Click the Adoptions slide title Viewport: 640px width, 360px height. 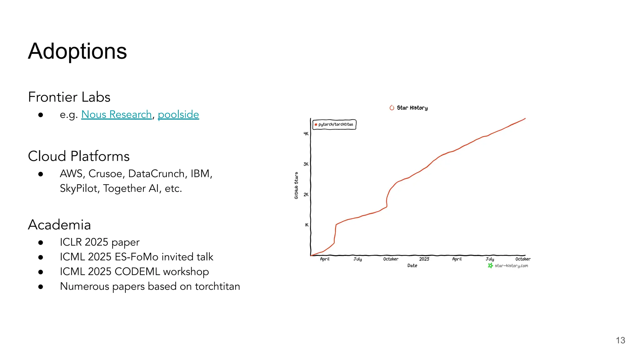(77, 51)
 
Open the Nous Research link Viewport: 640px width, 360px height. (116, 114)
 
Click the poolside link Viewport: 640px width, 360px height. (178, 114)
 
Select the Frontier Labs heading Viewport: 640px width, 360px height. (69, 97)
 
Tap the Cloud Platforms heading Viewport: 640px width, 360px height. (78, 156)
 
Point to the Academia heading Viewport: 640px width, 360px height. (59, 224)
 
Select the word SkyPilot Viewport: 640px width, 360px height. (80, 188)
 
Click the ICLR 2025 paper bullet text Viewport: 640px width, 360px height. (100, 242)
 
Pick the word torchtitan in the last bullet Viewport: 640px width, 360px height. (217, 286)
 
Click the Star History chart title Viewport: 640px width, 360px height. (412, 108)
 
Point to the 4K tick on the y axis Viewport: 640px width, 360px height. (306, 134)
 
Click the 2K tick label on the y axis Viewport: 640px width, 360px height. (306, 194)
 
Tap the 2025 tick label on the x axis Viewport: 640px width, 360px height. (424, 259)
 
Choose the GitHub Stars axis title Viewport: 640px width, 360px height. (296, 185)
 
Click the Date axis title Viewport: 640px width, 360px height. (412, 266)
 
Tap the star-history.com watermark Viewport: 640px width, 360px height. (511, 266)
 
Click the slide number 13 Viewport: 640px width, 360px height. (620, 340)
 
